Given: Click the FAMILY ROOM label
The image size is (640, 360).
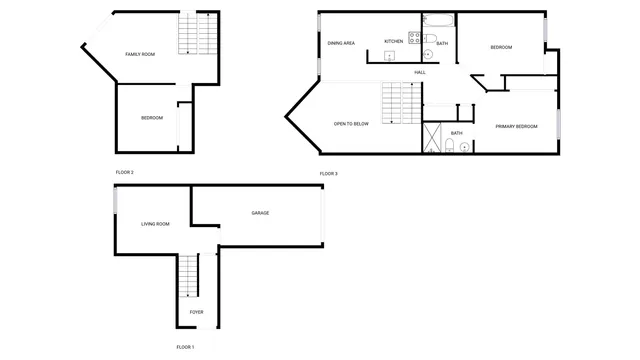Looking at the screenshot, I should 140,54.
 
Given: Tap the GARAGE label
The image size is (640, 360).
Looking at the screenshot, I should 260,213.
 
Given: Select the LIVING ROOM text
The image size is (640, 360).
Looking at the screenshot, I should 155,224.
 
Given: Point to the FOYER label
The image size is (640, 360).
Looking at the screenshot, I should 197,312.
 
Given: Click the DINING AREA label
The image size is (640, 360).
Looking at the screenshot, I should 342,42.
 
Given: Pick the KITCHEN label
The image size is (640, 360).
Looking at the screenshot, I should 394,41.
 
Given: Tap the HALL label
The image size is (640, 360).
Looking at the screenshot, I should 420,72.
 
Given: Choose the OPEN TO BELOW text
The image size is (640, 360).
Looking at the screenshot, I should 351,124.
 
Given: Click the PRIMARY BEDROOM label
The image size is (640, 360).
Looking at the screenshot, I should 516,126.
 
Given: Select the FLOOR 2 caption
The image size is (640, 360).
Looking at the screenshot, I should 124,172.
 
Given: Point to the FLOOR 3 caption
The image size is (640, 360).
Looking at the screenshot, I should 329,174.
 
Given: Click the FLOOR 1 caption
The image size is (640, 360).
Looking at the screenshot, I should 185,346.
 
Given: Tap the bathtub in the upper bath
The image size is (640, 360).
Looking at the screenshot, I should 438,21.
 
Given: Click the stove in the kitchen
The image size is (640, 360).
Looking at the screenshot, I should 413,40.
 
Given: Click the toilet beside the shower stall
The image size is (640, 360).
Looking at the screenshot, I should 451,147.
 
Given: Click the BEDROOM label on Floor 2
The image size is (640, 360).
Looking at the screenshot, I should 152,118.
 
